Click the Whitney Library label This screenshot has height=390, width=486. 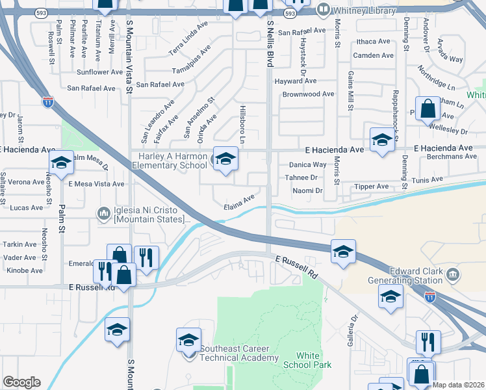tap(364, 11)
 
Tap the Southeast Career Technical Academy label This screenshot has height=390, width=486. tap(239, 353)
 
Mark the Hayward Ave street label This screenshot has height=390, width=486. tap(295, 81)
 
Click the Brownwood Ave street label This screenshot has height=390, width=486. tap(308, 94)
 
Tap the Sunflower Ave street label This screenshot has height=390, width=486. tap(99, 72)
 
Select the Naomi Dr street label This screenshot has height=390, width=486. tap(307, 190)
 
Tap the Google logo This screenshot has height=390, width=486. tap(21, 382)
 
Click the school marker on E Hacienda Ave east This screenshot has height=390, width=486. tap(382, 140)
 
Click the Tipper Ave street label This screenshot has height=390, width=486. tap(372, 187)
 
